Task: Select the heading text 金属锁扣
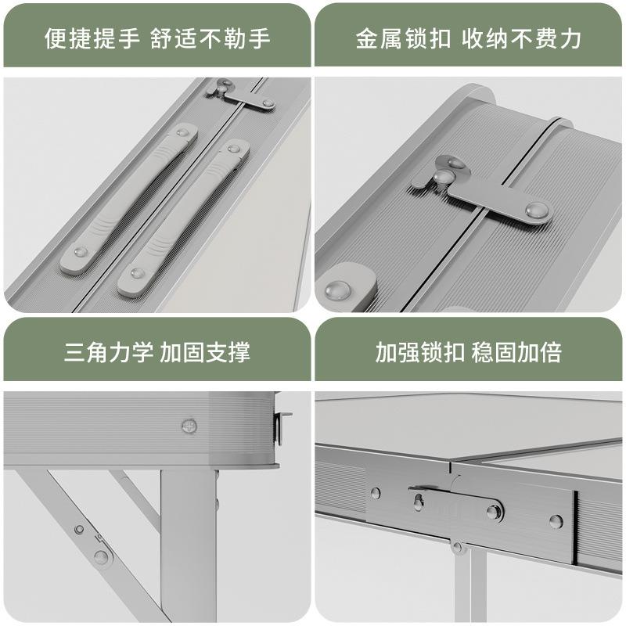pyautogui.click(x=403, y=38)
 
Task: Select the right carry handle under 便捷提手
pyautogui.click(x=184, y=218)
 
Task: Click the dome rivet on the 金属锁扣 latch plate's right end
pyautogui.click(x=537, y=209)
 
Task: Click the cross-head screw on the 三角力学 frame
pyautogui.click(x=189, y=426)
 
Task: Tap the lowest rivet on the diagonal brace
pyautogui.click(x=101, y=556)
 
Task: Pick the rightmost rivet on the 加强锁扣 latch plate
pyautogui.click(x=555, y=521)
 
